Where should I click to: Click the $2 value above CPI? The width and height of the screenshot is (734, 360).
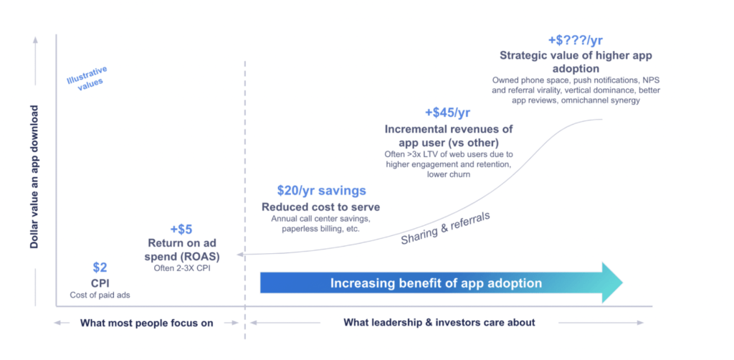(100, 267)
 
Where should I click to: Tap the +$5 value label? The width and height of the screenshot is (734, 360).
(181, 229)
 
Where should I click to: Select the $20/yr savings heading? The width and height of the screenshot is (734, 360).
(321, 191)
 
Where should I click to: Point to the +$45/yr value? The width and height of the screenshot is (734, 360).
(447, 113)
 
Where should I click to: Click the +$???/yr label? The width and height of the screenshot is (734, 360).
(576, 40)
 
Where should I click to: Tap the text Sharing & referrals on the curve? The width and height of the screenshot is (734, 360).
(445, 226)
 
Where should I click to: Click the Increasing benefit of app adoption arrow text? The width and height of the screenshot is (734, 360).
(436, 283)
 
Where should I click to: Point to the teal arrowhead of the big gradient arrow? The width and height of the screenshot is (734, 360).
(612, 283)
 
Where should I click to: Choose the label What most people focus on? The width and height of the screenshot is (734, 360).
(146, 323)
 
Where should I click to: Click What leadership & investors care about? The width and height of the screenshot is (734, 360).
(439, 323)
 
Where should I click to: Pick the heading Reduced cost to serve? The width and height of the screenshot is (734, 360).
(321, 207)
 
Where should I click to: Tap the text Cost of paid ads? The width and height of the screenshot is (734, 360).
(100, 295)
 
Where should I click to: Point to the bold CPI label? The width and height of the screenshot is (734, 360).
(100, 283)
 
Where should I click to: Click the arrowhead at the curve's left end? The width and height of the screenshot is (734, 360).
(240, 254)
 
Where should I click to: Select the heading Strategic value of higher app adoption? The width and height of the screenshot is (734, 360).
(576, 62)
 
